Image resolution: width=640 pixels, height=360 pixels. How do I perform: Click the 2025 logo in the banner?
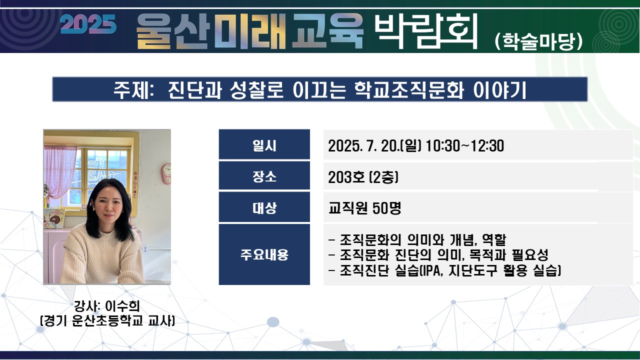click(88, 24)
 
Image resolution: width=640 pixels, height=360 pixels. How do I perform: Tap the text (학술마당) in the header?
click(538, 41)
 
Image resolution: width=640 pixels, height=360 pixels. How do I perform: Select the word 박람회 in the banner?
click(425, 31)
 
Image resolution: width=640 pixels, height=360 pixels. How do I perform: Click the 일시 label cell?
click(264, 144)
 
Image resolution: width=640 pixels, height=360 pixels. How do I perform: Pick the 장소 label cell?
click(264, 175)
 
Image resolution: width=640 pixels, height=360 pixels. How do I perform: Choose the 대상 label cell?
click(264, 207)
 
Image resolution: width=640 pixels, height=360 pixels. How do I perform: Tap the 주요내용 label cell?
click(264, 254)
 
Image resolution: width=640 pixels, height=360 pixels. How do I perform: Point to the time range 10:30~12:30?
click(465, 145)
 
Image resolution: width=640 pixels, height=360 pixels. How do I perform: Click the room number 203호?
click(346, 177)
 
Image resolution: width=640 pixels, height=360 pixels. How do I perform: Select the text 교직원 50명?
click(365, 207)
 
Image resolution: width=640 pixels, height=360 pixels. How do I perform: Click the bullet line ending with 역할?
click(417, 239)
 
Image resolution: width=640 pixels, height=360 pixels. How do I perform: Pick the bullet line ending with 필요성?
click(438, 255)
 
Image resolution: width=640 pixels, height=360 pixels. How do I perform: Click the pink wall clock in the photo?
click(166, 173)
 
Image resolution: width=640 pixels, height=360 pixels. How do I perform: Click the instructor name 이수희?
click(122, 306)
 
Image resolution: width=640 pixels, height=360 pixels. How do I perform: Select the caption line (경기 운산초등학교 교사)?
click(107, 321)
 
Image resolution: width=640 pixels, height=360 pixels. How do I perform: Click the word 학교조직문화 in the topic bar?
click(409, 90)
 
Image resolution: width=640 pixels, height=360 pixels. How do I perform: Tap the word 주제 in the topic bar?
click(131, 90)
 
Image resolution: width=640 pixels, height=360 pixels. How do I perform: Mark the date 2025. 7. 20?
click(363, 145)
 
